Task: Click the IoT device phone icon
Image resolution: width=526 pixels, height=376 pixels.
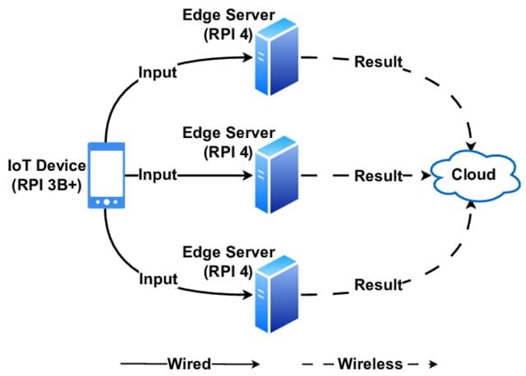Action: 106,176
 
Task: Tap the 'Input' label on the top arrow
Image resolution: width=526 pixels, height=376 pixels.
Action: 156,73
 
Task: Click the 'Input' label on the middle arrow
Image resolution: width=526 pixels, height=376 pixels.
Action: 158,175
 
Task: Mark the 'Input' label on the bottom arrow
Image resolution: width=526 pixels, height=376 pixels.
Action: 156,279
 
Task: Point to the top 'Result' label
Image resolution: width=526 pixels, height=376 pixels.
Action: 378,62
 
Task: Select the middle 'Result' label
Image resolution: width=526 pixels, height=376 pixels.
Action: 378,176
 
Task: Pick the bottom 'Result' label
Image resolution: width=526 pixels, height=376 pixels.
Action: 378,285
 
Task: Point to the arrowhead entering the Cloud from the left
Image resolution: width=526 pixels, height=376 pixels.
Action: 427,175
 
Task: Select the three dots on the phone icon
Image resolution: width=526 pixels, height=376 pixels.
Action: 106,201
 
